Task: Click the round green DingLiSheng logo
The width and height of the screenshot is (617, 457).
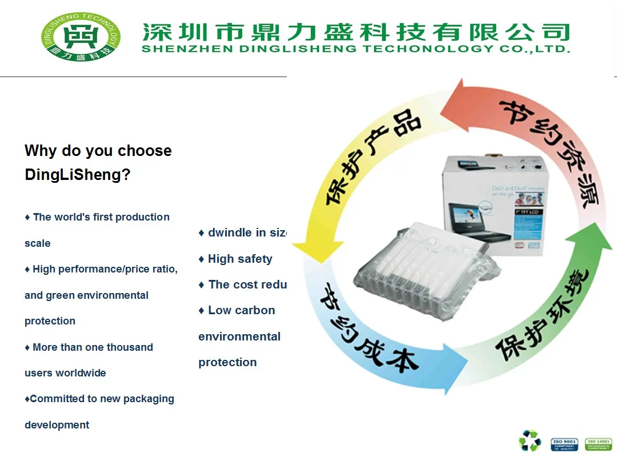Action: [81, 37]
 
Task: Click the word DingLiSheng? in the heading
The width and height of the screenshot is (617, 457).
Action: [78, 175]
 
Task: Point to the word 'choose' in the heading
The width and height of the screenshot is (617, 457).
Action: [144, 151]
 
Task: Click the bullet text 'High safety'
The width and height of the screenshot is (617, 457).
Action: [240, 259]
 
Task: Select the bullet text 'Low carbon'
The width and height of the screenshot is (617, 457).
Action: [241, 310]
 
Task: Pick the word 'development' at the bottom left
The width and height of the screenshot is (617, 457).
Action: [57, 424]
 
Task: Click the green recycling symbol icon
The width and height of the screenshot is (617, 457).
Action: [529, 440]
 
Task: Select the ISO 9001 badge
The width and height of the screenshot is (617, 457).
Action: [564, 444]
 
